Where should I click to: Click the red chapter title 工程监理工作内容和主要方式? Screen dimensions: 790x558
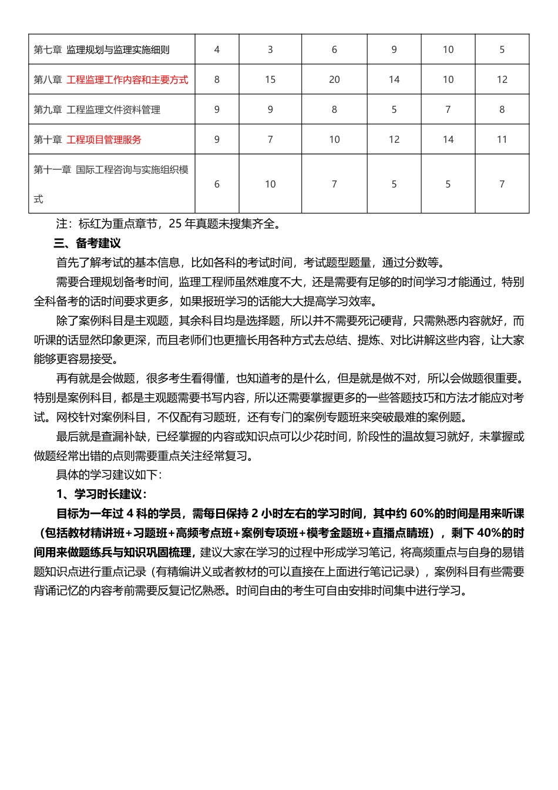pos(127,80)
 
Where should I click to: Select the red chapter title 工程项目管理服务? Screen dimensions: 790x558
pos(104,140)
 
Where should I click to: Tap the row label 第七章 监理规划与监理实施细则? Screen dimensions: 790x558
pos(102,50)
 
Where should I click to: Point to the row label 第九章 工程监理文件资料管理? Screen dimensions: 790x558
pos(97,110)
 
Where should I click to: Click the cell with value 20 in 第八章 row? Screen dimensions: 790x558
pos(334,80)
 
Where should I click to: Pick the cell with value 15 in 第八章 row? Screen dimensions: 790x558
pos(270,80)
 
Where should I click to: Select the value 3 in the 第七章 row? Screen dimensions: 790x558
pos(270,50)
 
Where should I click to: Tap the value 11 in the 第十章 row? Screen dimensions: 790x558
pos(502,140)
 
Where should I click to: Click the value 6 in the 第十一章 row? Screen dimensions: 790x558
pos(217,185)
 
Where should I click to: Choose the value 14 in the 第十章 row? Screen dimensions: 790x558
pos(448,140)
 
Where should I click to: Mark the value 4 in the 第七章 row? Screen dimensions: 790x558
pos(217,50)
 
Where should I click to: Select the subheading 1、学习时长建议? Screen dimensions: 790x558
pos(102,494)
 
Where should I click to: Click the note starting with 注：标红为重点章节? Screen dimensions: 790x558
pos(169,224)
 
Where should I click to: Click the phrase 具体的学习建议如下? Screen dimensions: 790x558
pos(109,475)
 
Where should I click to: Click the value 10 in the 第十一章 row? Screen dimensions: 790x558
pos(270,185)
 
